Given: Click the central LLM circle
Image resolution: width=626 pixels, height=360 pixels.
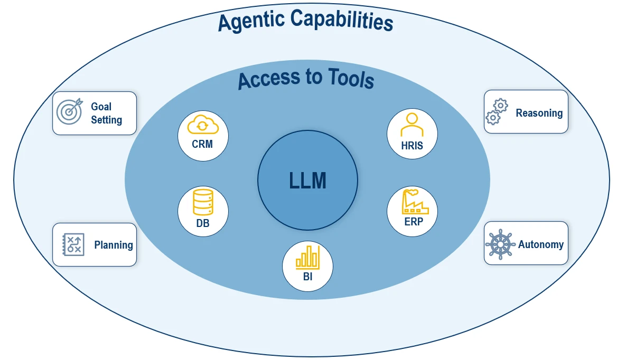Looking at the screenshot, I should [x=307, y=181].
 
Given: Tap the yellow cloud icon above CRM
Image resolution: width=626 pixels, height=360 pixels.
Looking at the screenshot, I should [x=203, y=126].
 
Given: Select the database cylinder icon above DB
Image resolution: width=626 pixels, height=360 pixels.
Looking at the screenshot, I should [x=203, y=203].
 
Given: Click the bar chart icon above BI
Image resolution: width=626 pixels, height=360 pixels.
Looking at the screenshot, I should [x=307, y=257].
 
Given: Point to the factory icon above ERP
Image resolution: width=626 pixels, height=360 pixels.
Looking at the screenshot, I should [x=413, y=202].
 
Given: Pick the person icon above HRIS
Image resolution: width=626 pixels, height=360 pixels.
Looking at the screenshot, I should [x=412, y=126].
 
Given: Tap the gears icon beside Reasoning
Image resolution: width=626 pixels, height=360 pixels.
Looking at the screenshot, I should [x=497, y=111].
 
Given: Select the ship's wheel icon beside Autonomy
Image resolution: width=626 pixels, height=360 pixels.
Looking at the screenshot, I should [x=500, y=244].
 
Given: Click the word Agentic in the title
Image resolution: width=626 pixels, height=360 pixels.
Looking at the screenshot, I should [x=251, y=22].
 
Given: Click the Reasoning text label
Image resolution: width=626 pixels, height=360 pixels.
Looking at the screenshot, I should [x=539, y=113].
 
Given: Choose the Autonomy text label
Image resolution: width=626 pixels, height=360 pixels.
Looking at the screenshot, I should [x=540, y=244].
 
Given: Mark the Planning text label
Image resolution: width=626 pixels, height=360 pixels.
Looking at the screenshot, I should [x=114, y=245].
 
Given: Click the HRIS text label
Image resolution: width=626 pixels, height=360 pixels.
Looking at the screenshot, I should [x=412, y=146].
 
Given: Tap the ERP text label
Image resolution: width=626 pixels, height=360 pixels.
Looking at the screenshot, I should [x=414, y=222].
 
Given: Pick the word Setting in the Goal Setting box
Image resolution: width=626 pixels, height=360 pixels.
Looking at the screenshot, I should [x=106, y=120].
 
